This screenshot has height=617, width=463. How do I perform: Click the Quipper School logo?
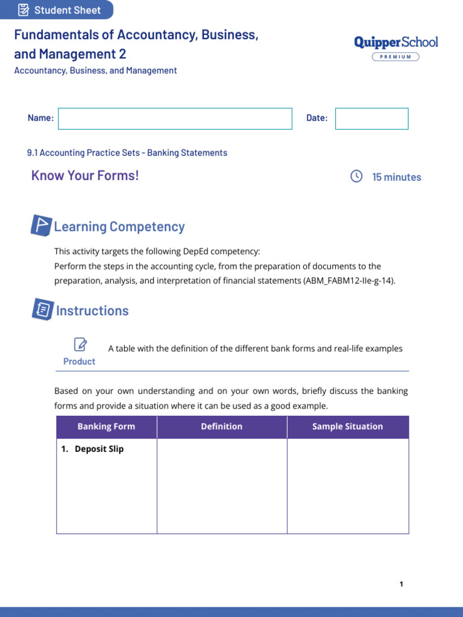[395, 42]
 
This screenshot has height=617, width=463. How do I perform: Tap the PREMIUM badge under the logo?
[395, 57]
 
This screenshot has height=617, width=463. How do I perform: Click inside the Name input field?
[175, 119]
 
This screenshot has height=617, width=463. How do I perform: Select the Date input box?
[371, 119]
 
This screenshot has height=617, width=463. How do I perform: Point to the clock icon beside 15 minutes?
[356, 176]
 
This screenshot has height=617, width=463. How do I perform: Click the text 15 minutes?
[397, 177]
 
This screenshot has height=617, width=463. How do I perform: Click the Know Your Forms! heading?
[85, 175]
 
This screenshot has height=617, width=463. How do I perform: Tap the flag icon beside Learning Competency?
[41, 226]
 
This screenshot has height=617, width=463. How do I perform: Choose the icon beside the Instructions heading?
[42, 310]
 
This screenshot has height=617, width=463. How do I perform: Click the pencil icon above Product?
[80, 345]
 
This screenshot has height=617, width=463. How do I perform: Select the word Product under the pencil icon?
[79, 362]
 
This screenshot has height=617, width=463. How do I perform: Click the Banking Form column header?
[106, 427]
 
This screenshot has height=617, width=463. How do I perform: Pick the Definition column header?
[222, 427]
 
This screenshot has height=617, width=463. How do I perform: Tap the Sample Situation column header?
[347, 427]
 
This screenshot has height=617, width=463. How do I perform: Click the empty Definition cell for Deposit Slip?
[222, 486]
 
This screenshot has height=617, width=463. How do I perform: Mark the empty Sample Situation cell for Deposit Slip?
[347, 486]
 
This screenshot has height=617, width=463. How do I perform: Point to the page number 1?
[402, 584]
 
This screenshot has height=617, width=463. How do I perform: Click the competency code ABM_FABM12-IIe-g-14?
[349, 281]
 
